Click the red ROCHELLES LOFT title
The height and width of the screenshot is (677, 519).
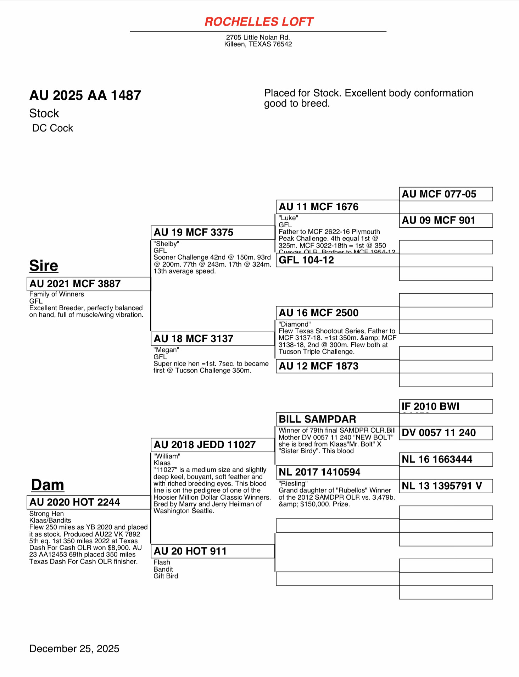(x=259, y=22)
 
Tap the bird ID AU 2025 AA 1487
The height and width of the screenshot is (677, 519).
(x=85, y=95)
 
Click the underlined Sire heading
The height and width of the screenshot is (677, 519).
(x=44, y=266)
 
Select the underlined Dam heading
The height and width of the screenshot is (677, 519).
(x=48, y=485)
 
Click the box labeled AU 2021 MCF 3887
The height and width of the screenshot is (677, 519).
(x=89, y=284)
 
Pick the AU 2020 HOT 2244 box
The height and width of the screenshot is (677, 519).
(x=89, y=502)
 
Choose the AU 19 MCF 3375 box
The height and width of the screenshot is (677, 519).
(x=213, y=232)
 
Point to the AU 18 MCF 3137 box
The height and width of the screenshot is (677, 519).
(x=213, y=339)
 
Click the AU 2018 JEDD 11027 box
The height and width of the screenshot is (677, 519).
(x=213, y=445)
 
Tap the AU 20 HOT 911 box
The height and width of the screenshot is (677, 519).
(x=213, y=551)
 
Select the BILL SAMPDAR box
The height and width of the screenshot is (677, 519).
(x=337, y=419)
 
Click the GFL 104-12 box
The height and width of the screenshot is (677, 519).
(x=337, y=260)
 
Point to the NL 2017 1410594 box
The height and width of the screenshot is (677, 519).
(x=337, y=472)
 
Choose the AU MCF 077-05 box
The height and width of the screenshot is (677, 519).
(x=446, y=194)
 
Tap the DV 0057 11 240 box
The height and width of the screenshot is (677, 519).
(x=446, y=433)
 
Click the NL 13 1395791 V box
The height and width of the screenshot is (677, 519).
(x=446, y=486)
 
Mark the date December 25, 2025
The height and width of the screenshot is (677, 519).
(x=74, y=649)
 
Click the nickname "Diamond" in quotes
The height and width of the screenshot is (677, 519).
(x=295, y=324)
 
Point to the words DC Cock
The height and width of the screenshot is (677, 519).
(x=52, y=128)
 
